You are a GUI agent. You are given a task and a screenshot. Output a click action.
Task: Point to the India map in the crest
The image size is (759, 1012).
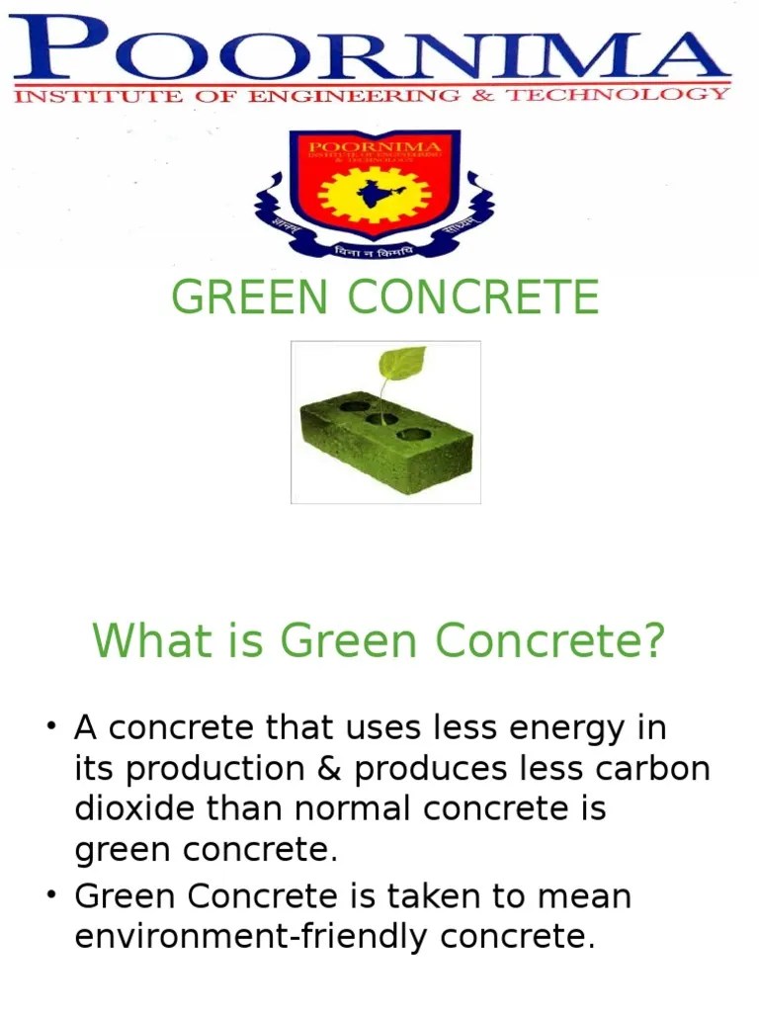click(x=374, y=193)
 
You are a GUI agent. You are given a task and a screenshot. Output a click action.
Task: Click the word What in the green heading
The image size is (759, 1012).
click(x=139, y=641)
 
